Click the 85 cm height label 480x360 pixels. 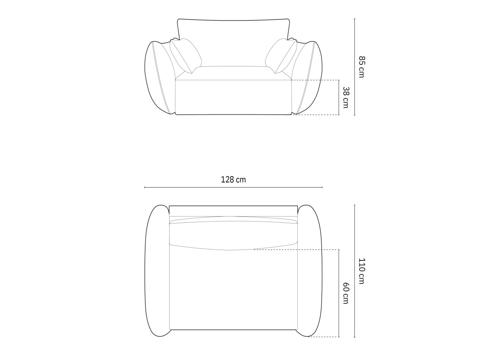coord(361,66)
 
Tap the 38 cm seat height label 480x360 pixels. coord(346,97)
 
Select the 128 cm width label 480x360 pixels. coord(233,179)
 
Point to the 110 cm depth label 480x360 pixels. coord(361,271)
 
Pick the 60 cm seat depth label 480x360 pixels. coord(346,293)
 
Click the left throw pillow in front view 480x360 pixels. coord(186,55)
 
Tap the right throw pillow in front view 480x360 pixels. coord(281,55)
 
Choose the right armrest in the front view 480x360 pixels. coord(309,78)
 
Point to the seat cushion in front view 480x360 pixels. coord(233,73)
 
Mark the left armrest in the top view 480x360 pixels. coord(157,271)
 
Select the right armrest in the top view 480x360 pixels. coord(309,271)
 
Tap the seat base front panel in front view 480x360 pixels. coord(233,97)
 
